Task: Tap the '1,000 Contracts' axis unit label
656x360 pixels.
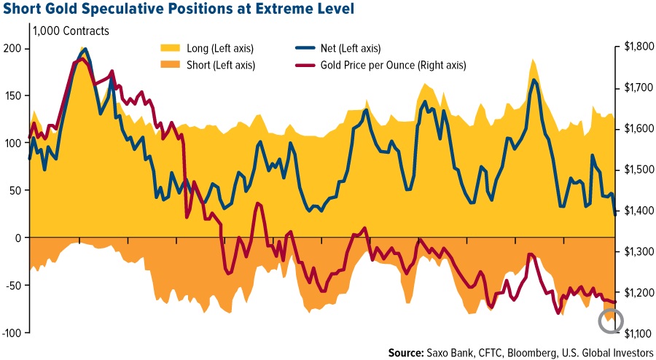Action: tap(71, 31)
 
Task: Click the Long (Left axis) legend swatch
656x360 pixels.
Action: tap(170, 49)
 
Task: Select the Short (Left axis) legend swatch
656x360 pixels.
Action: tap(170, 65)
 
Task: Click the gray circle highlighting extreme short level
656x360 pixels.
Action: tap(611, 320)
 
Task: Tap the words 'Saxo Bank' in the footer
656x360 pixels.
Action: tap(455, 353)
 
